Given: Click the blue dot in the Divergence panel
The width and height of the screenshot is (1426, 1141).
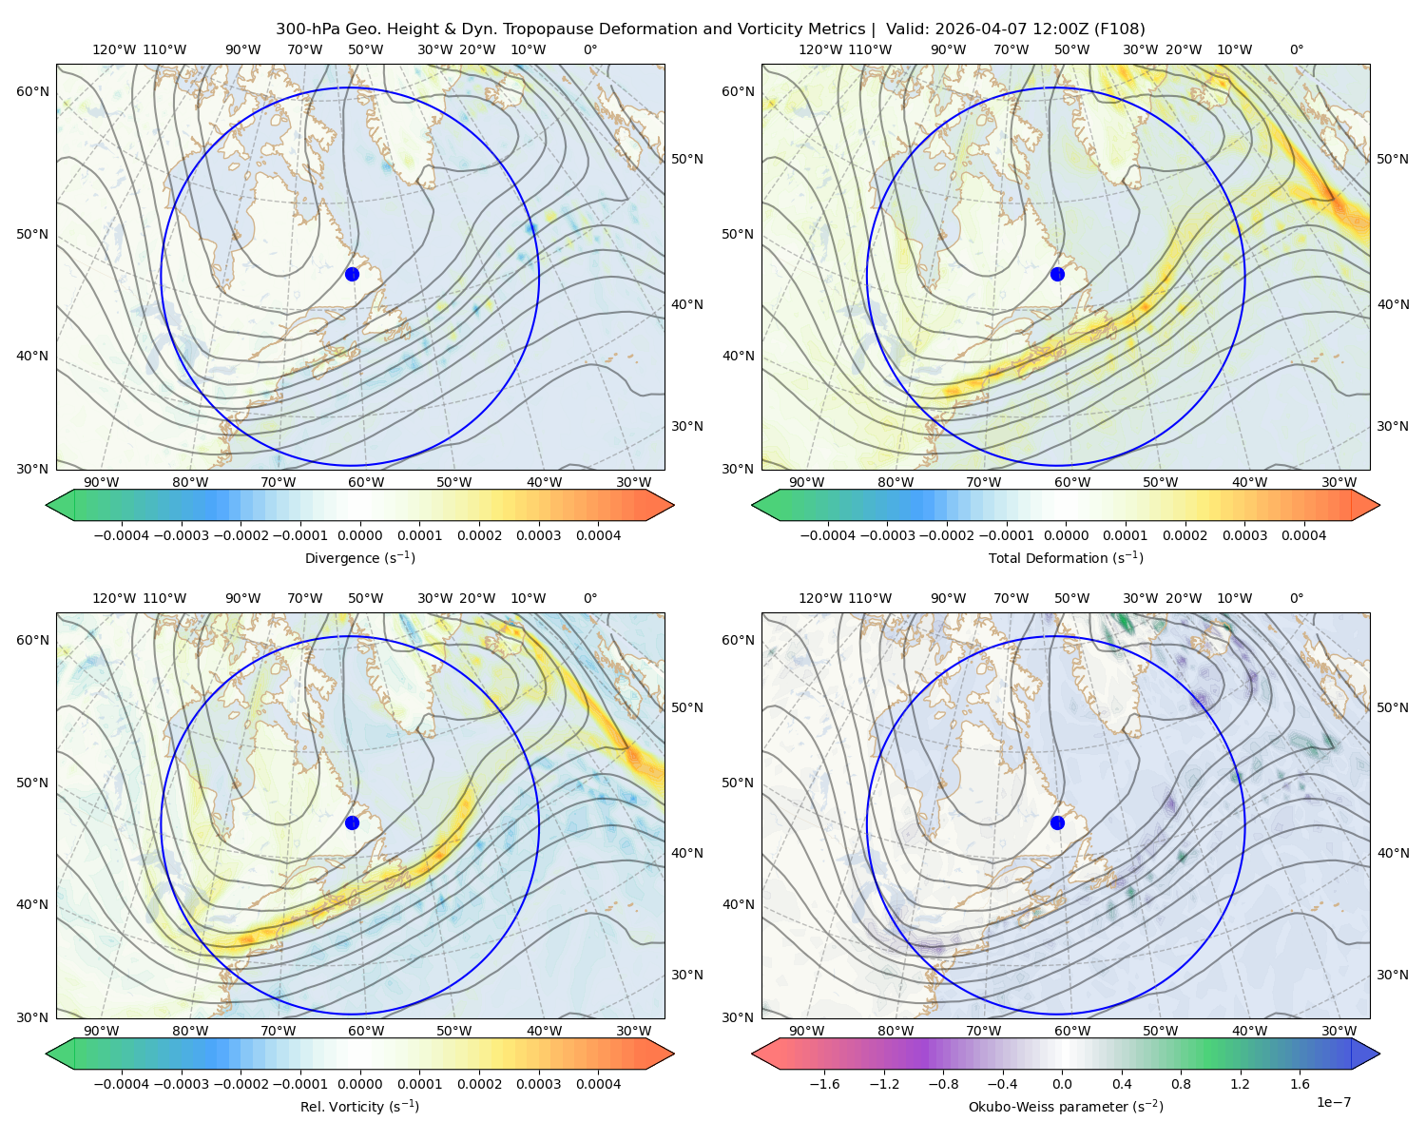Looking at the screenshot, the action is coord(352,274).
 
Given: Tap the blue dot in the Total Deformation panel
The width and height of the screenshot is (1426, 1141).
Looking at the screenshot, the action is coord(1057,274).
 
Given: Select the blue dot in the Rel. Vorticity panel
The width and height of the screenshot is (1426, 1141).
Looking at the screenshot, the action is coord(352,822).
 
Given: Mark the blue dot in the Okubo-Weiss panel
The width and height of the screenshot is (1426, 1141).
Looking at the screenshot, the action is coord(1057,822).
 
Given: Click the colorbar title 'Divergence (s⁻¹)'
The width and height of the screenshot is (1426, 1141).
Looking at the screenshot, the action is coord(359,557).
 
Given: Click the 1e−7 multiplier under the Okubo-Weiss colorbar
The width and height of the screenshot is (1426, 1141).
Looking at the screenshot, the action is coord(1333,1102).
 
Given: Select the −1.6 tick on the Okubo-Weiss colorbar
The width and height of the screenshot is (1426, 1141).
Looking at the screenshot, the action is coord(824,1084).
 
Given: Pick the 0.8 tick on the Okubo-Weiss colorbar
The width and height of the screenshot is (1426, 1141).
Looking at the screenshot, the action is coord(1181,1084).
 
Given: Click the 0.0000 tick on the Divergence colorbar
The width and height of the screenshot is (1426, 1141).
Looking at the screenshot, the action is coord(359,535).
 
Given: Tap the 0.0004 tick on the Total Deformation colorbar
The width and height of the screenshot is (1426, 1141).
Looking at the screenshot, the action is coord(1303,535).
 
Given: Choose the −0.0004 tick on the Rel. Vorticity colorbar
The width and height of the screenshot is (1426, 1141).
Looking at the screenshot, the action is coord(122,1084).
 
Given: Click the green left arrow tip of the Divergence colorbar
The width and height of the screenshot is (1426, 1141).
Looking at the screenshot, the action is coord(48,505).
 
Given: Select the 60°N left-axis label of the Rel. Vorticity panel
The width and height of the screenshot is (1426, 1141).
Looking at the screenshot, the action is coord(32,640).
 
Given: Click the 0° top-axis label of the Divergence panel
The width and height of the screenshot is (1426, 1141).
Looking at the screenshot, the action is coord(590,49).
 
